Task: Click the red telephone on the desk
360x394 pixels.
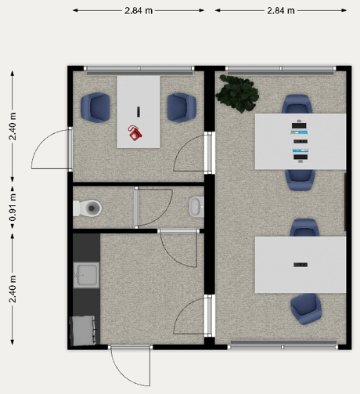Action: tap(135, 133)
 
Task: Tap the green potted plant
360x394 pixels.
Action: tap(237, 93)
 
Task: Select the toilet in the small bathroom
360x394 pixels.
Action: tap(87, 208)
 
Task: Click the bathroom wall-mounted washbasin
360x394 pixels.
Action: tap(196, 208)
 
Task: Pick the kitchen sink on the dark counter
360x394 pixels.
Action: tap(86, 275)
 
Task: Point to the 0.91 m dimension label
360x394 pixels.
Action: tap(13, 208)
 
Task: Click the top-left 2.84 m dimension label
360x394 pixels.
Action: tap(139, 11)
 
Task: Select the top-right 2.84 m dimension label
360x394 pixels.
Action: tap(281, 11)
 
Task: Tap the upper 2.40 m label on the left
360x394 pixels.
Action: tap(13, 126)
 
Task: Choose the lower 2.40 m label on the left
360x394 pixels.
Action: tap(13, 289)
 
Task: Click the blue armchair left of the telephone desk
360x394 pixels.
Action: tap(95, 107)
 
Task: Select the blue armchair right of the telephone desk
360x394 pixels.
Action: tap(182, 107)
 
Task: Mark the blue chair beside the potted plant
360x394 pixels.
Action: tap(297, 104)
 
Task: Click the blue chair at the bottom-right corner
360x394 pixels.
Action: tap(306, 309)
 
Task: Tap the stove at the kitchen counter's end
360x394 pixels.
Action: tap(84, 331)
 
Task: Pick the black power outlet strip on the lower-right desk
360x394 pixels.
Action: tap(301, 265)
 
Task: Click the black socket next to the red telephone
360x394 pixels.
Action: tap(139, 111)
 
